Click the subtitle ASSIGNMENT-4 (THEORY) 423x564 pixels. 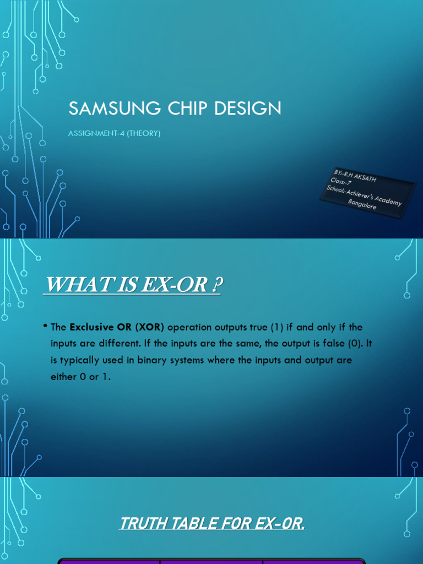pyautogui.click(x=115, y=134)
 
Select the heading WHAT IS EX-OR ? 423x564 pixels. pyautogui.click(x=132, y=286)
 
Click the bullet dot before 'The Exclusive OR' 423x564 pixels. pyautogui.click(x=45, y=326)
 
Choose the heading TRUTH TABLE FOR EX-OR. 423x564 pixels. pyautogui.click(x=212, y=524)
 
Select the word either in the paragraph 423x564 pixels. pyautogui.click(x=63, y=377)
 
